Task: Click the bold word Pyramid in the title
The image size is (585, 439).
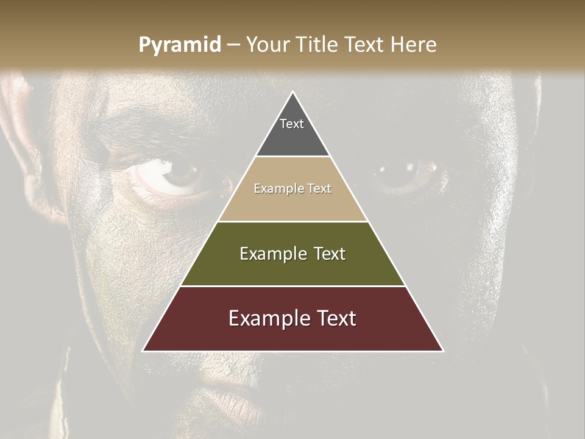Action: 180,45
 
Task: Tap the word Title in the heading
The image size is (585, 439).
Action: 319,45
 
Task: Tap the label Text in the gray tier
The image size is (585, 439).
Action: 292,124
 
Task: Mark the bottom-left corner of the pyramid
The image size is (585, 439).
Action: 143,351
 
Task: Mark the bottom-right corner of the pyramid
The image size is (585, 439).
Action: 443,351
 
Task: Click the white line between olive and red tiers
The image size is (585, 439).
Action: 292,286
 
